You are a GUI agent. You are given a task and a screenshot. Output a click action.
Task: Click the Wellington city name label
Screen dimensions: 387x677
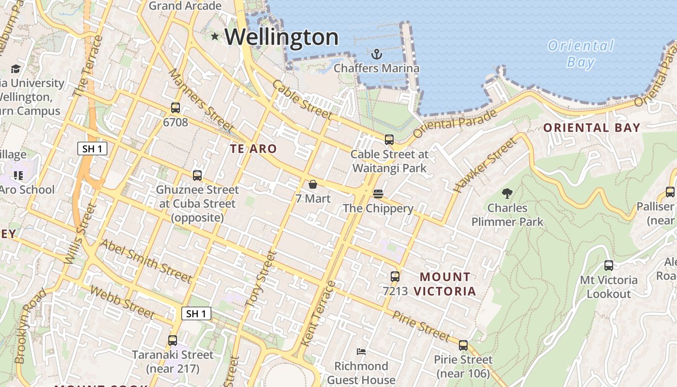[281, 37]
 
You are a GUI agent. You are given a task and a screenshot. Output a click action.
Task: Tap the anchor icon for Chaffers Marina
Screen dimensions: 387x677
[377, 54]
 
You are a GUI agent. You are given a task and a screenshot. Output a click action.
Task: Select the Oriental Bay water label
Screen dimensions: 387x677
[580, 54]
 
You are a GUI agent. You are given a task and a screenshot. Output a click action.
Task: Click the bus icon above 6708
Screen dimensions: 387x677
[176, 108]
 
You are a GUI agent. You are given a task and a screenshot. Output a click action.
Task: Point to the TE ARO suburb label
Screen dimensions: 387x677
[253, 149]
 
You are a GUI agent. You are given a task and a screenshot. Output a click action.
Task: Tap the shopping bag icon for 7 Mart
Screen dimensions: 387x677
[313, 184]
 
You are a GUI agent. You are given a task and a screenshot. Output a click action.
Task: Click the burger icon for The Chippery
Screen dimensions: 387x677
[378, 194]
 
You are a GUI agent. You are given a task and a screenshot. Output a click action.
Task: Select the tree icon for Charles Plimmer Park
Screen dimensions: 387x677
[507, 193]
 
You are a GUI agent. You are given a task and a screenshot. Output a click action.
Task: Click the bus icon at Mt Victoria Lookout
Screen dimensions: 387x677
[609, 265]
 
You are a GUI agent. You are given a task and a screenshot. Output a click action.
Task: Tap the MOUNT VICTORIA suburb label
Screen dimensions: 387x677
[445, 284]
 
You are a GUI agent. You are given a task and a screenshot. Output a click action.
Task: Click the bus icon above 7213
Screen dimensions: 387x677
[395, 277]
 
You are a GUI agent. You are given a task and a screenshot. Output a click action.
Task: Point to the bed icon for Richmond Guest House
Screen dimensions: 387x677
[361, 351]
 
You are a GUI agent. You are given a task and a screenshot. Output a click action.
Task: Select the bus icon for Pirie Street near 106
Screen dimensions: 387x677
[463, 345]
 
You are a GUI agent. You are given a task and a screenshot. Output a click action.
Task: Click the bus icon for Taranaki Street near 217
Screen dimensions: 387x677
[173, 341]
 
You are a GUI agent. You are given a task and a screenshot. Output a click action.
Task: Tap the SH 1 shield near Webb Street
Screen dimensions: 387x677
[196, 313]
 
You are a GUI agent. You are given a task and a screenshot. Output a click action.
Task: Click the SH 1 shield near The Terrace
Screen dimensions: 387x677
[92, 149]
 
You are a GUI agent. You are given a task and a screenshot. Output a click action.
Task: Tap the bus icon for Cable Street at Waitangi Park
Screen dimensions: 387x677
[389, 140]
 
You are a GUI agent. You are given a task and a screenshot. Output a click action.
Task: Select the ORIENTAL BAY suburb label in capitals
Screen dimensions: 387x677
[592, 128]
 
